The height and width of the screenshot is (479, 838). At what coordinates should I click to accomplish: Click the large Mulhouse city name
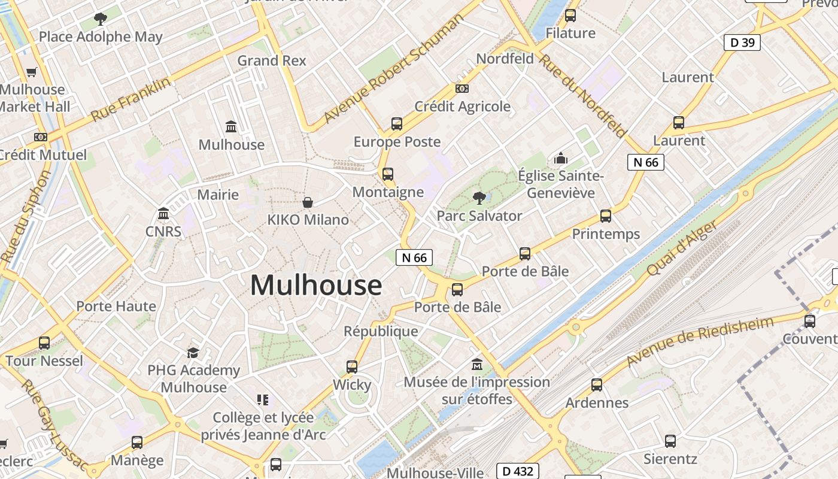pyautogui.click(x=315, y=285)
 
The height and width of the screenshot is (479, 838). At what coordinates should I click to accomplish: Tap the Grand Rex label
pyautogui.click(x=272, y=60)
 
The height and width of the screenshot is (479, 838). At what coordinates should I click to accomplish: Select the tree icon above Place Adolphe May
pyautogui.click(x=101, y=19)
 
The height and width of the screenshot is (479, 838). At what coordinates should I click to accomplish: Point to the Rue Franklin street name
pyautogui.click(x=130, y=99)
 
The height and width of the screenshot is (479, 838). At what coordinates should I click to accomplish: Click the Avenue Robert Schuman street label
pyautogui.click(x=393, y=69)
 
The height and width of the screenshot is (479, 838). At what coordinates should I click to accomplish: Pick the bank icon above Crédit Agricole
pyautogui.click(x=462, y=89)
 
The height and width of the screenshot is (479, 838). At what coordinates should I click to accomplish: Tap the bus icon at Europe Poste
pyautogui.click(x=397, y=124)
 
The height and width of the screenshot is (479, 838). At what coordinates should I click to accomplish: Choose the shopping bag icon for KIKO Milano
pyautogui.click(x=308, y=202)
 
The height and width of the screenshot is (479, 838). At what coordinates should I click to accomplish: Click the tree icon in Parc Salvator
pyautogui.click(x=479, y=197)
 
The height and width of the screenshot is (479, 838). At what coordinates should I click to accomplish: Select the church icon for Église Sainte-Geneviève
pyautogui.click(x=561, y=158)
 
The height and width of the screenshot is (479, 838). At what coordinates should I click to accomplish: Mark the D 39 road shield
pyautogui.click(x=742, y=42)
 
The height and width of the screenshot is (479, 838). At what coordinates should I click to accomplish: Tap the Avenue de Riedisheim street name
pyautogui.click(x=700, y=341)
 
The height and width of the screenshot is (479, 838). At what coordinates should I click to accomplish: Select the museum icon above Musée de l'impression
pyautogui.click(x=477, y=364)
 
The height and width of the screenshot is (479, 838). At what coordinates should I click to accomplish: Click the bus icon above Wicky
pyautogui.click(x=352, y=367)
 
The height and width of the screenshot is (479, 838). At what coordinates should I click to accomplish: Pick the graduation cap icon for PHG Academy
pyautogui.click(x=193, y=353)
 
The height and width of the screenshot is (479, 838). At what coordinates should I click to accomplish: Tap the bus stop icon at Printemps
pyautogui.click(x=606, y=216)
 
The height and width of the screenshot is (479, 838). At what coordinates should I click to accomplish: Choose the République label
pyautogui.click(x=381, y=331)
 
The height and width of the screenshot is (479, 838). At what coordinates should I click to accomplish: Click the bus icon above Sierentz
pyautogui.click(x=670, y=441)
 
